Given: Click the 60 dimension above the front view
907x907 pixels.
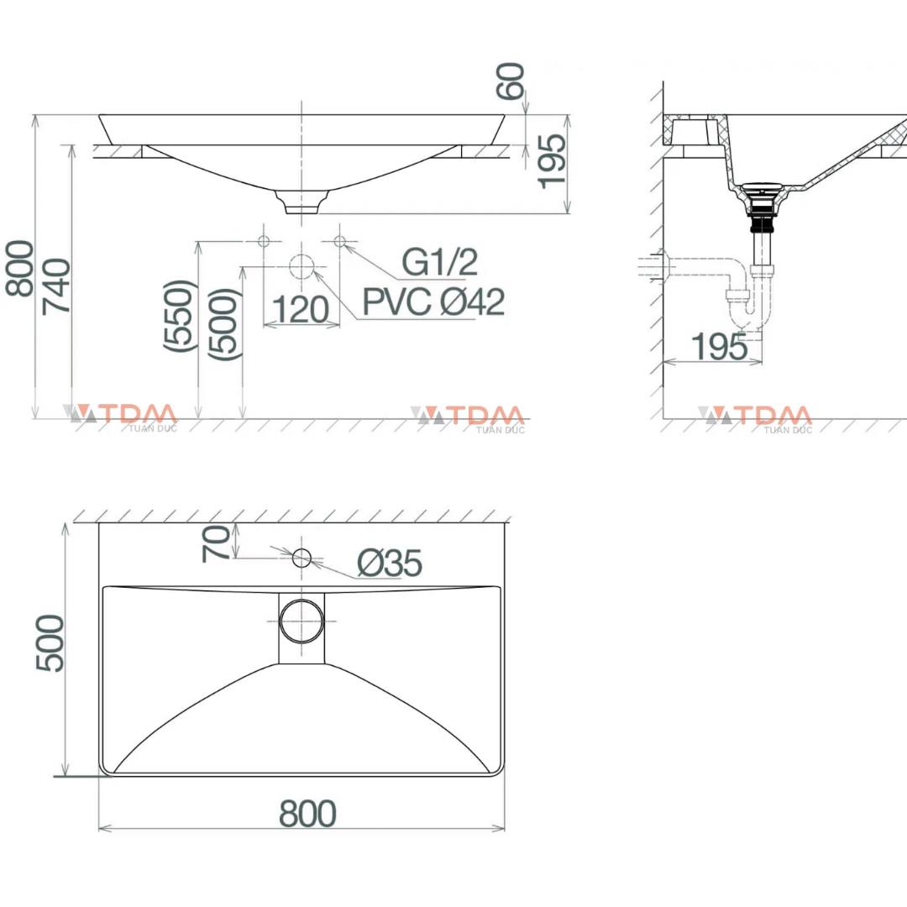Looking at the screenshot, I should (x=512, y=81).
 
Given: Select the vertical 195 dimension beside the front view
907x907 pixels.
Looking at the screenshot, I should (x=552, y=161).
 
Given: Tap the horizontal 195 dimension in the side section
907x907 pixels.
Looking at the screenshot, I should (x=719, y=346).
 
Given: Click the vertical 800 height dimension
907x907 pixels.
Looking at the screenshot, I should (x=20, y=269).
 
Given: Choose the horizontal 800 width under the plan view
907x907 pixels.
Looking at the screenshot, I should (x=307, y=814).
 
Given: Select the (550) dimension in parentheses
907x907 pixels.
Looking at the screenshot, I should (x=180, y=316).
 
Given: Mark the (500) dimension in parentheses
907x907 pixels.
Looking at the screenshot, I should (x=226, y=324).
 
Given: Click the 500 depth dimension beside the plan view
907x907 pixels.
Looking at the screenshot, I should (x=50, y=643).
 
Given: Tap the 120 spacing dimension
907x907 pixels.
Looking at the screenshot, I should (x=301, y=310).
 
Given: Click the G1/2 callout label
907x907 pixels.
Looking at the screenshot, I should (x=439, y=262).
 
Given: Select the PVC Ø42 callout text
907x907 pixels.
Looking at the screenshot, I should (x=433, y=301).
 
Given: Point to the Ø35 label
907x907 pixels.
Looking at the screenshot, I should (x=389, y=564).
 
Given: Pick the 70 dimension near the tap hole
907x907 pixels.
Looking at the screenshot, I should (x=216, y=543).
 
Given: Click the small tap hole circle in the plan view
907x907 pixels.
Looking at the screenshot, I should (x=301, y=556).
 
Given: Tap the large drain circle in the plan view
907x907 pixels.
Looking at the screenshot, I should (x=301, y=621).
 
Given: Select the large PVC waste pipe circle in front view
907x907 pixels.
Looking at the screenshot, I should (x=301, y=267).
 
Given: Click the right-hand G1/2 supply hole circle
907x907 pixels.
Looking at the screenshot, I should (x=339, y=242).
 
